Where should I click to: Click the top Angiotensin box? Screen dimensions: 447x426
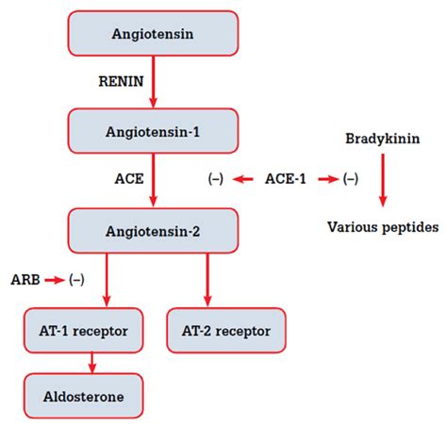point(153,34)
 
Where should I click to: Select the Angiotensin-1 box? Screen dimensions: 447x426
point(153,131)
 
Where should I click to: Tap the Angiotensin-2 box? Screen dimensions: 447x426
point(153,231)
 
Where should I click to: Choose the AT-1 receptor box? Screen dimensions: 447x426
point(84,331)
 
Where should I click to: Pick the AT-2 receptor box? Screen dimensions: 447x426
point(226,331)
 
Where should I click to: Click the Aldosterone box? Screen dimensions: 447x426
point(84,396)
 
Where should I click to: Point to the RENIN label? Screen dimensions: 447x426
point(121,81)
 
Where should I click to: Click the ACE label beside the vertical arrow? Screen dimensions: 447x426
point(129,179)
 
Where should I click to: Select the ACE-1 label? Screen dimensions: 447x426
point(286,179)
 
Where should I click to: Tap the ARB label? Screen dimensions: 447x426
point(25,280)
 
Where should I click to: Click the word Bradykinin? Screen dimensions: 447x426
point(383,139)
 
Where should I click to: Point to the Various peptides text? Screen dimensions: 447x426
point(383,227)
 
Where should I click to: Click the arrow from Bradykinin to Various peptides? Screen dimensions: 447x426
point(383,180)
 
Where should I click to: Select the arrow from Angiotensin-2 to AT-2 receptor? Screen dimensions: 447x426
point(207,280)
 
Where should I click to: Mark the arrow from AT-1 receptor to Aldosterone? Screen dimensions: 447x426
point(91,363)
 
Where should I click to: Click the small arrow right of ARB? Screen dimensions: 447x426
point(55,280)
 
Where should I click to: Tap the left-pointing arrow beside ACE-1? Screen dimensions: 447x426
point(242,179)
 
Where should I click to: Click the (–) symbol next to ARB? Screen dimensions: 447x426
point(76,280)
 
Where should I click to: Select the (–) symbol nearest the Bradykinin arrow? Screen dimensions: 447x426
point(351,179)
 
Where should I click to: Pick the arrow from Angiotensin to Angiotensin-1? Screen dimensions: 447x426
point(153,82)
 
